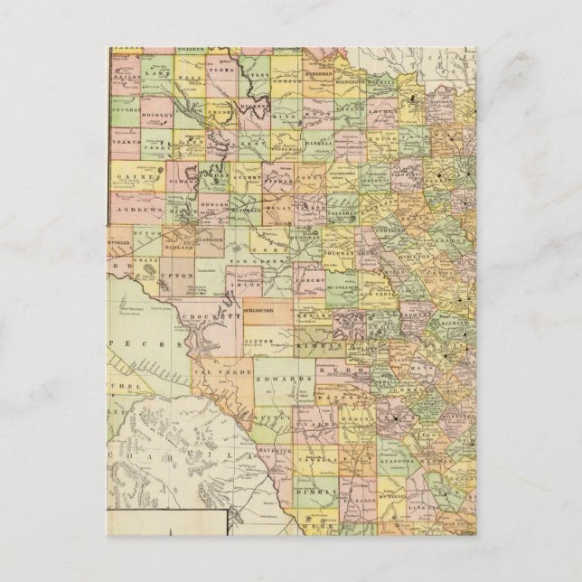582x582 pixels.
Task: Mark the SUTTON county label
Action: (x=260, y=343)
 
